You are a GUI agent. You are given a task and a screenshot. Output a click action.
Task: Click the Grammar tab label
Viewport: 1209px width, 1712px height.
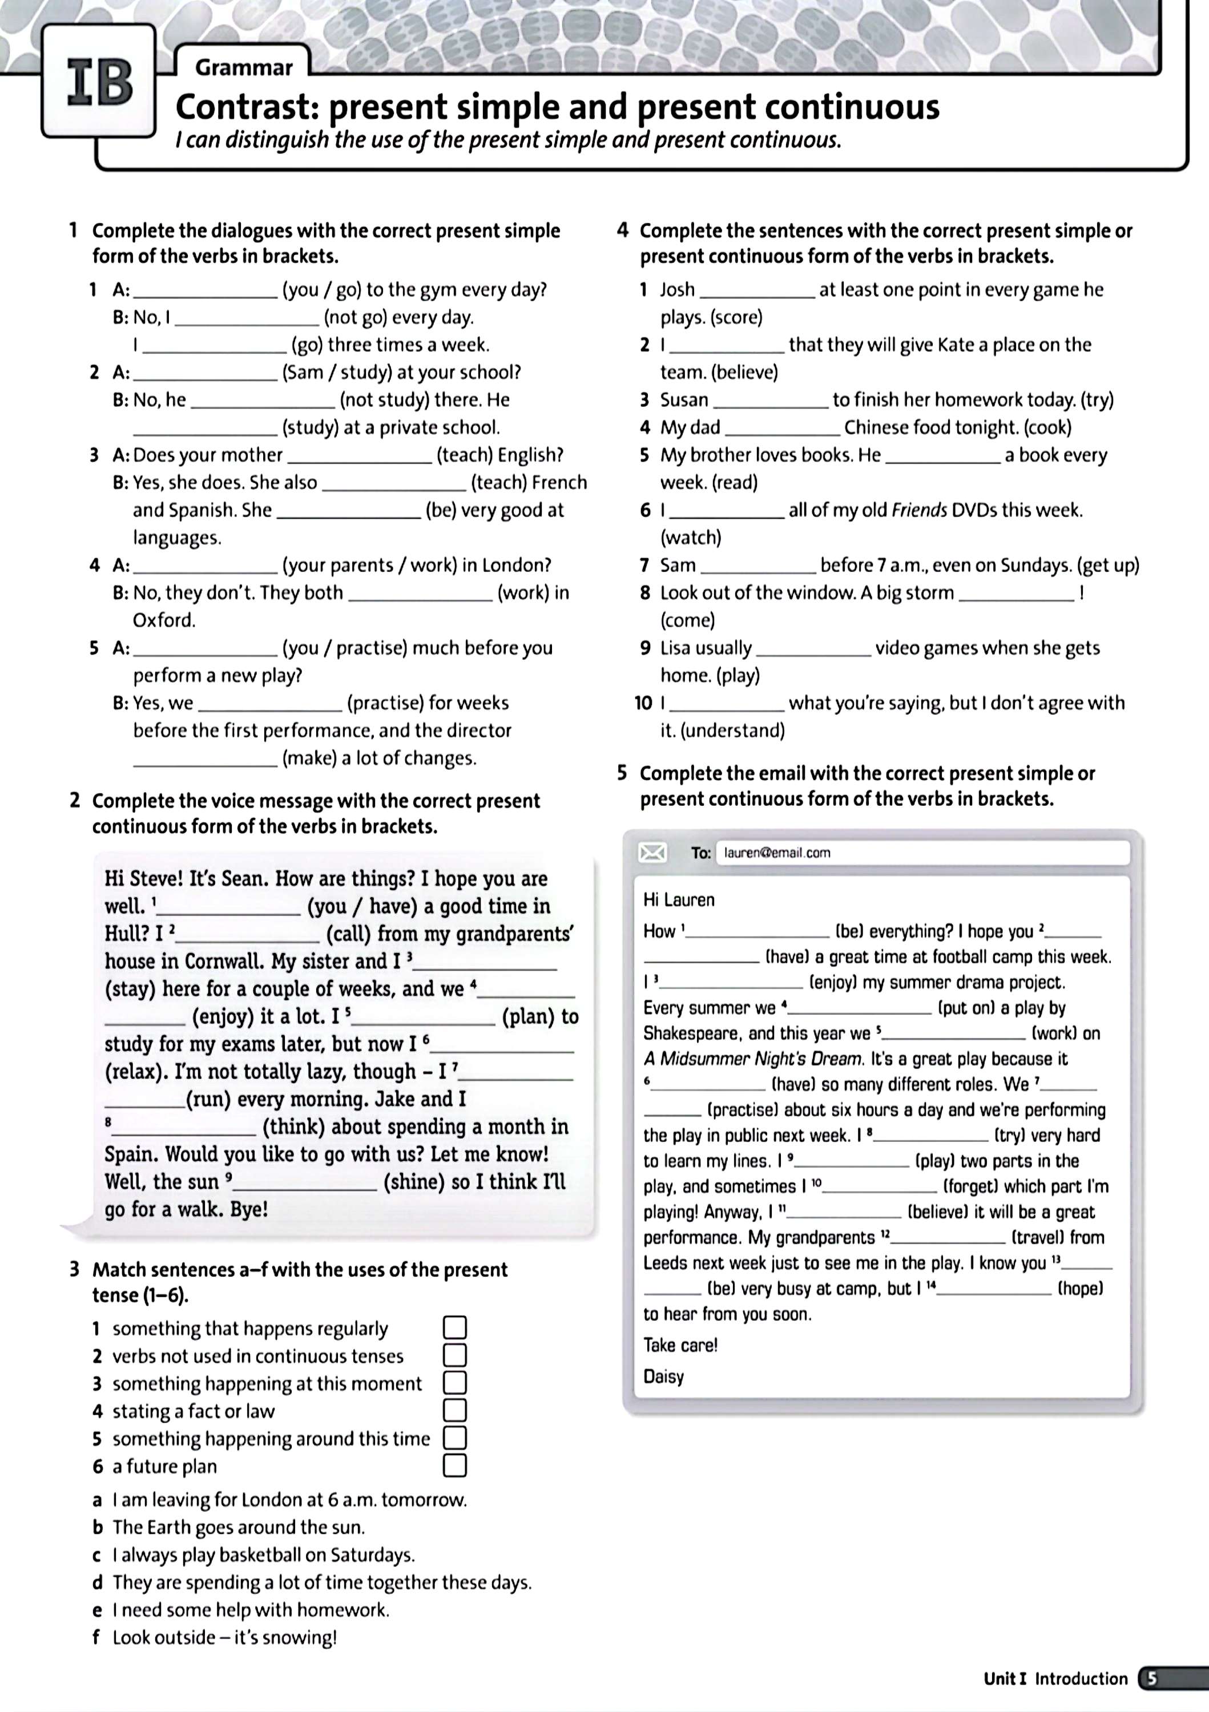244,68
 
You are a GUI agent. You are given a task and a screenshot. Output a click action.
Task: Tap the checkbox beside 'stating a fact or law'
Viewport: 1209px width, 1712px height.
455,1410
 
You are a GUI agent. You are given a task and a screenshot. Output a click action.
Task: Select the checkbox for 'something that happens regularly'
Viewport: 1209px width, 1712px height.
455,1327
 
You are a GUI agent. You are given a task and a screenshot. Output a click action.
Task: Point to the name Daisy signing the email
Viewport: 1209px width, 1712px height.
663,1376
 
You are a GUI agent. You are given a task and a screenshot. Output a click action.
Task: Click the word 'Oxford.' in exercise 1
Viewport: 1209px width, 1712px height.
164,620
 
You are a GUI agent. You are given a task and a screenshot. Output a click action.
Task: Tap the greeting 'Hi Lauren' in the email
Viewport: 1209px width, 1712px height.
678,900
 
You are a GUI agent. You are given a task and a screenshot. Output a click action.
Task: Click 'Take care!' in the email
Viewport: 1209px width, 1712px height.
679,1345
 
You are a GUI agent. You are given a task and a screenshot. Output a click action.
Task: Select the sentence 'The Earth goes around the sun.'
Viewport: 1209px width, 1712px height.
239,1527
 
